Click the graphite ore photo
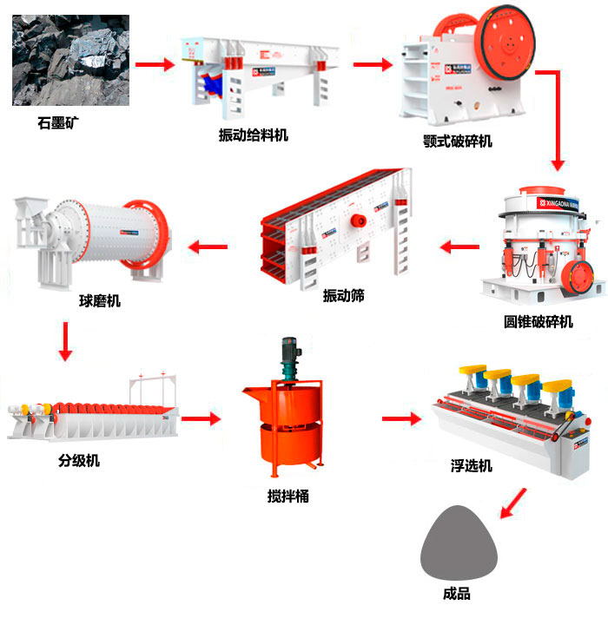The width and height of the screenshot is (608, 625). tap(71, 60)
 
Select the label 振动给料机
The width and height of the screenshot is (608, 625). tap(253, 135)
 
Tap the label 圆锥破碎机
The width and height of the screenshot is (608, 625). tap(539, 322)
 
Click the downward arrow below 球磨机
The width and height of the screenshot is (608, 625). tap(66, 342)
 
